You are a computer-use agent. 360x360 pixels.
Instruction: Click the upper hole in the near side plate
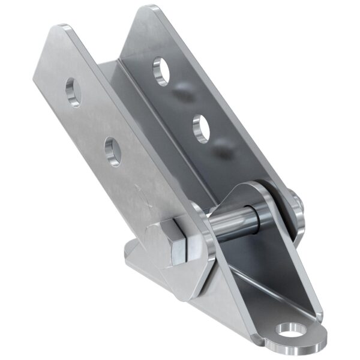73,92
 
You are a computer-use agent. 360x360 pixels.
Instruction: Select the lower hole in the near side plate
112,150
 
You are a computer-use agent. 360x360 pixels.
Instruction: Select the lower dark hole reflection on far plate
225,150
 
